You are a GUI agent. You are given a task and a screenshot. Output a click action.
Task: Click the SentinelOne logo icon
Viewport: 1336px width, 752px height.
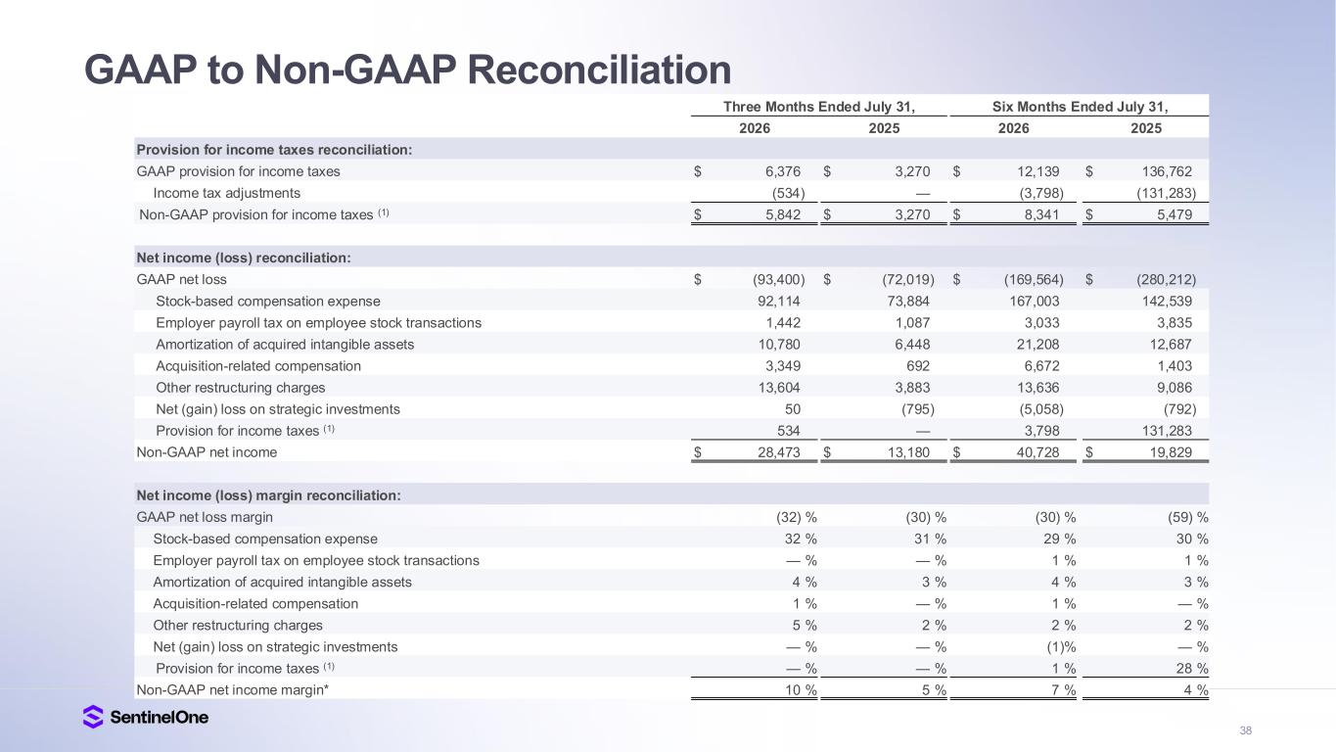coord(92,717)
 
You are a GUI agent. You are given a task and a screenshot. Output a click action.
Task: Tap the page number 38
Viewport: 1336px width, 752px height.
coord(1245,730)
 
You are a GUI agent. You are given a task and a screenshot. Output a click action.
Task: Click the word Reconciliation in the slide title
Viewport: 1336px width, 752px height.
coord(599,70)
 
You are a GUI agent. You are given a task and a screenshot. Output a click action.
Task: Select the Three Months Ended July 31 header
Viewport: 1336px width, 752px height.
coord(819,107)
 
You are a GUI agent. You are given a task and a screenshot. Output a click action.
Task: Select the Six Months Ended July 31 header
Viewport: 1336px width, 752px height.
coord(1080,107)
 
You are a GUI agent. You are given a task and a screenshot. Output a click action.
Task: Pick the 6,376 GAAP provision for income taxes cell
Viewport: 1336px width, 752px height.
coord(783,172)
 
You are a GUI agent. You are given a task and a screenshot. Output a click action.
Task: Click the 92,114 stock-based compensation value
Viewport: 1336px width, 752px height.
coord(779,302)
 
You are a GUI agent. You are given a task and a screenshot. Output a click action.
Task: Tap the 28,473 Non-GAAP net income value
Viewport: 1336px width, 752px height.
coord(779,452)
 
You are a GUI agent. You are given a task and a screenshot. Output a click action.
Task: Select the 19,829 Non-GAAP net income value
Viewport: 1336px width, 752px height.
coord(1171,452)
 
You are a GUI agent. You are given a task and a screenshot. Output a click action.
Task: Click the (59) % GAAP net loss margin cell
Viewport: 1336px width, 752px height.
coord(1187,517)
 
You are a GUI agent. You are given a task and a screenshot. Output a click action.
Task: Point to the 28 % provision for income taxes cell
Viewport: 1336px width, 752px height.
coord(1192,669)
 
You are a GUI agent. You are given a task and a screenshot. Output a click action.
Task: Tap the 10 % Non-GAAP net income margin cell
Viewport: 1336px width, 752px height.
coord(801,690)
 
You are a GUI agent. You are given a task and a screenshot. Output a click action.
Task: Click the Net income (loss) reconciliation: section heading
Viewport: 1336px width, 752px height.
coord(244,258)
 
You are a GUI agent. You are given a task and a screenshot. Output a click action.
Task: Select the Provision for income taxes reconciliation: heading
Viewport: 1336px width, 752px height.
coord(274,150)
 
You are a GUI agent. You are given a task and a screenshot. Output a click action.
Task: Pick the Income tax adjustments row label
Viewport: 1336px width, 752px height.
coord(227,193)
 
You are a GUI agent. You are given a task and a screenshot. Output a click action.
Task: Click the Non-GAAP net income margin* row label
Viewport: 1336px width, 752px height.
coord(233,690)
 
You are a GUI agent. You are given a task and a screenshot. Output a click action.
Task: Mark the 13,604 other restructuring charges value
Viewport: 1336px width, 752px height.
coord(779,388)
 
